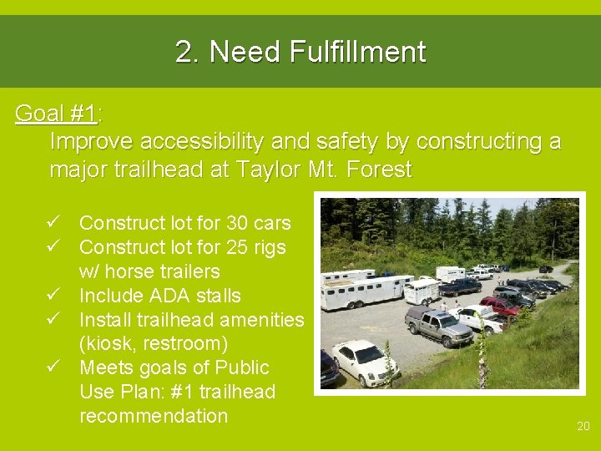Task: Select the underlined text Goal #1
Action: click(x=56, y=114)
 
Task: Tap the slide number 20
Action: click(x=583, y=427)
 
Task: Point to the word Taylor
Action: click(x=266, y=170)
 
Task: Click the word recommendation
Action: click(x=154, y=416)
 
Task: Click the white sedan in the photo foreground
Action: click(x=365, y=360)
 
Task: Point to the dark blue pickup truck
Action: click(x=461, y=286)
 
